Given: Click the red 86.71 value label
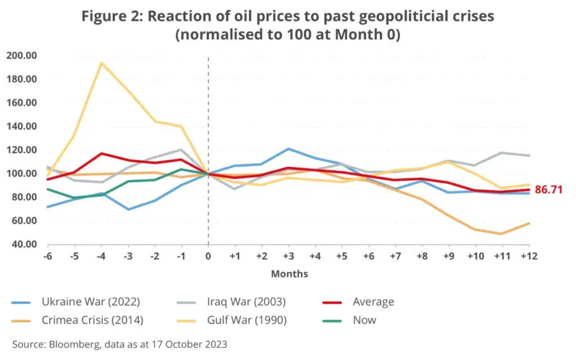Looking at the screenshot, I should point(548,190).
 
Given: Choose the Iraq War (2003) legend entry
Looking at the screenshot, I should point(245,302).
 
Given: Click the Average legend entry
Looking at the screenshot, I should point(373,302).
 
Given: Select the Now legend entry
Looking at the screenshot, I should point(364,320).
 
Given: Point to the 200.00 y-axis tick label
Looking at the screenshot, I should point(21,55).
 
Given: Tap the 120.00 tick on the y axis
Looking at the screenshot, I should point(21,150).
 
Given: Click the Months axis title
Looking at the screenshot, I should point(289,274).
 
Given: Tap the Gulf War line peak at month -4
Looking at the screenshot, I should point(101,62).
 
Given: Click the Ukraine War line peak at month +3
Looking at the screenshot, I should point(289,149).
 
